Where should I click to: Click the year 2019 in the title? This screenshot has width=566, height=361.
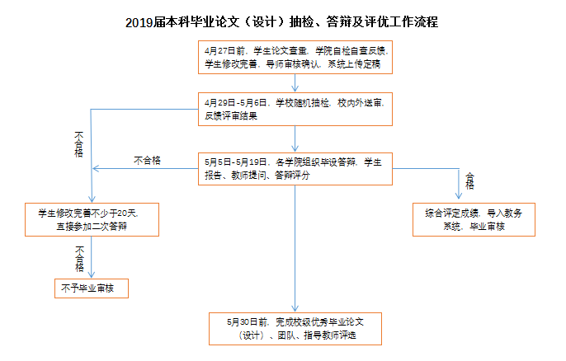pos(139,22)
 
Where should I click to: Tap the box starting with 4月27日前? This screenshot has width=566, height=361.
pos(295,58)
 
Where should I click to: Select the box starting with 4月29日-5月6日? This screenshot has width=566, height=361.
pos(295,110)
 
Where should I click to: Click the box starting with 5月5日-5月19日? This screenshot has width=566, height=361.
pos(295,169)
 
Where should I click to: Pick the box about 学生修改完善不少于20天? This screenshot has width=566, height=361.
pos(92,219)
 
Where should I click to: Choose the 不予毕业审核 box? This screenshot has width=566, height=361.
pos(92,288)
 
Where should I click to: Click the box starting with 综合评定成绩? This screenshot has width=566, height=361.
pos(474,219)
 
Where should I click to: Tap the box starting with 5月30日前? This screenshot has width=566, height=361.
pos(295,329)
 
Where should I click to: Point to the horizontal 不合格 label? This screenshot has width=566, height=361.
pos(147,161)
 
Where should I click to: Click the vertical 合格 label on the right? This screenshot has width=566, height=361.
pos(469,181)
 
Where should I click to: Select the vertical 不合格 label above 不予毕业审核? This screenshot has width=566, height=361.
pos(79,259)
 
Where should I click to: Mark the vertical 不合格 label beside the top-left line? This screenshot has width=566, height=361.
pos(78,144)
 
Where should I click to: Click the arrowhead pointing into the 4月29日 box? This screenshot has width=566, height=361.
pos(295,89)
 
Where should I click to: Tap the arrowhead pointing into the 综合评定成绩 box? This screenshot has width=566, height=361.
pos(459,195)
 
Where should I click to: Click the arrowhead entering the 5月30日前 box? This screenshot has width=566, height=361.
pos(295,308)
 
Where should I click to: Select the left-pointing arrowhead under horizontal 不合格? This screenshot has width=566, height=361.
pos(96,168)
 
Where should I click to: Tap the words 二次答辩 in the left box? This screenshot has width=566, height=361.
pos(110,227)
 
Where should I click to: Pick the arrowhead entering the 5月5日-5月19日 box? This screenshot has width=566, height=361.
pos(295,148)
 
